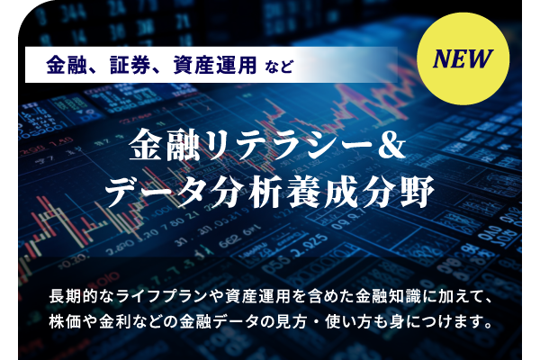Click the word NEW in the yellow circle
click(x=463, y=58)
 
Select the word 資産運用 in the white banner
click(x=215, y=65)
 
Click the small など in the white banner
click(x=280, y=66)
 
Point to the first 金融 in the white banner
click(x=67, y=65)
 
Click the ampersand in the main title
click(x=391, y=145)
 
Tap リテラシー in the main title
click(x=288, y=145)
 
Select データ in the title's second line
click(x=158, y=192)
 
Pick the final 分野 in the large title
click(x=398, y=192)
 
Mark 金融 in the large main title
click(x=165, y=145)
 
